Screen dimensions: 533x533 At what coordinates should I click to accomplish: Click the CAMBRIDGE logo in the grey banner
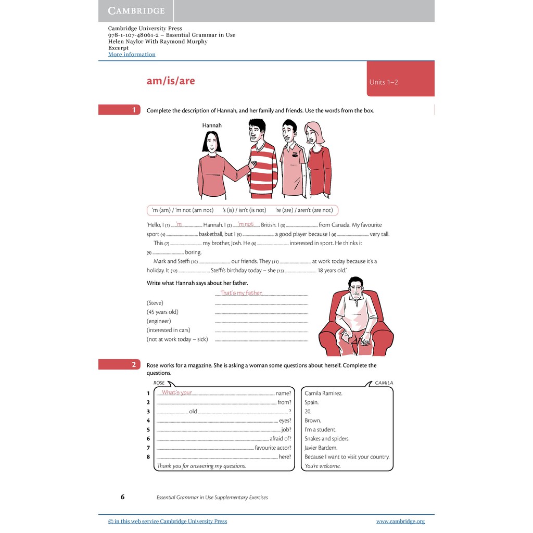[136, 10]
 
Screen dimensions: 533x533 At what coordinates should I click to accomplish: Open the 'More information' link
[132, 54]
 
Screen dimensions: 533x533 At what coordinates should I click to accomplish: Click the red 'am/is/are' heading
[171, 81]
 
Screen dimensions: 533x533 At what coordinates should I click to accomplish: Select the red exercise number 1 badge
[119, 110]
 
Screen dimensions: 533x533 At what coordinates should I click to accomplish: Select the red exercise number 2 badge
[119, 365]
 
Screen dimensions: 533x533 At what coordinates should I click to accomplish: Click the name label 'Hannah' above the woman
[212, 125]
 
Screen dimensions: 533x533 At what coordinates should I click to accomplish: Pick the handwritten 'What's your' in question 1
[177, 392]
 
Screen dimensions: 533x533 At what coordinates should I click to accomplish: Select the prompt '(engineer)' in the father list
[159, 321]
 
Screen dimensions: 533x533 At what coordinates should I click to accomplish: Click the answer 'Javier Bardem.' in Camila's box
[321, 448]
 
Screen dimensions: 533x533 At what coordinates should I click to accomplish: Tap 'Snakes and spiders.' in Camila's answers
[327, 439]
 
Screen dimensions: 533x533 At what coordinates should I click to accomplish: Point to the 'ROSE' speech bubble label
[159, 383]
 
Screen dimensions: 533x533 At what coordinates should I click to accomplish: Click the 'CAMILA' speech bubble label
[384, 383]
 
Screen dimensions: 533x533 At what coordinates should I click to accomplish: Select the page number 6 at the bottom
[122, 497]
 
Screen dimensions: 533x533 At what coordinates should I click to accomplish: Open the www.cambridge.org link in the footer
[400, 521]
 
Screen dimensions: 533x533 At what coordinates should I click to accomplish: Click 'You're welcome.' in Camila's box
[323, 466]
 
